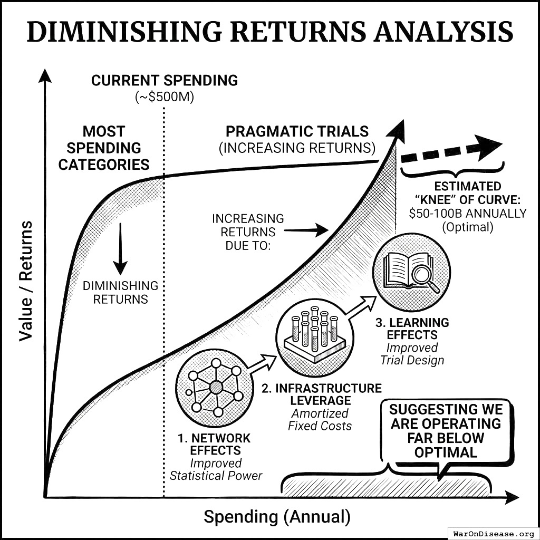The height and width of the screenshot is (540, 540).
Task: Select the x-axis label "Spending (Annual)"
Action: (277, 517)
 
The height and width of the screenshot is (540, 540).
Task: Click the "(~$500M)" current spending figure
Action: (165, 98)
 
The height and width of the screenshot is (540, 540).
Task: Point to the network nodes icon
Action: (216, 387)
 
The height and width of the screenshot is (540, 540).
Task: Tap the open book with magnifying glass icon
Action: (411, 273)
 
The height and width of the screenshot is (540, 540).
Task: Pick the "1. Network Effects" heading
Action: (213, 445)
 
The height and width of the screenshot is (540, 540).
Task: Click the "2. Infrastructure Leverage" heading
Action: (321, 394)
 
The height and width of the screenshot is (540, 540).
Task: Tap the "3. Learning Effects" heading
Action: (411, 329)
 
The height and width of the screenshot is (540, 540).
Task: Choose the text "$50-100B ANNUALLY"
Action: (467, 214)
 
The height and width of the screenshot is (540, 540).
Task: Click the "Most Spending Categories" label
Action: (104, 148)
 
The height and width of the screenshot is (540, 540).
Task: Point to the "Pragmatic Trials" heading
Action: (297, 131)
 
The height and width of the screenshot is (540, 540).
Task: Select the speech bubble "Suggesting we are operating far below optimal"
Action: (446, 431)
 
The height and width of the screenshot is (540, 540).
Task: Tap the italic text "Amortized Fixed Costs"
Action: (320, 419)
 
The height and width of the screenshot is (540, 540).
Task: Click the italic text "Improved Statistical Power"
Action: (216, 469)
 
